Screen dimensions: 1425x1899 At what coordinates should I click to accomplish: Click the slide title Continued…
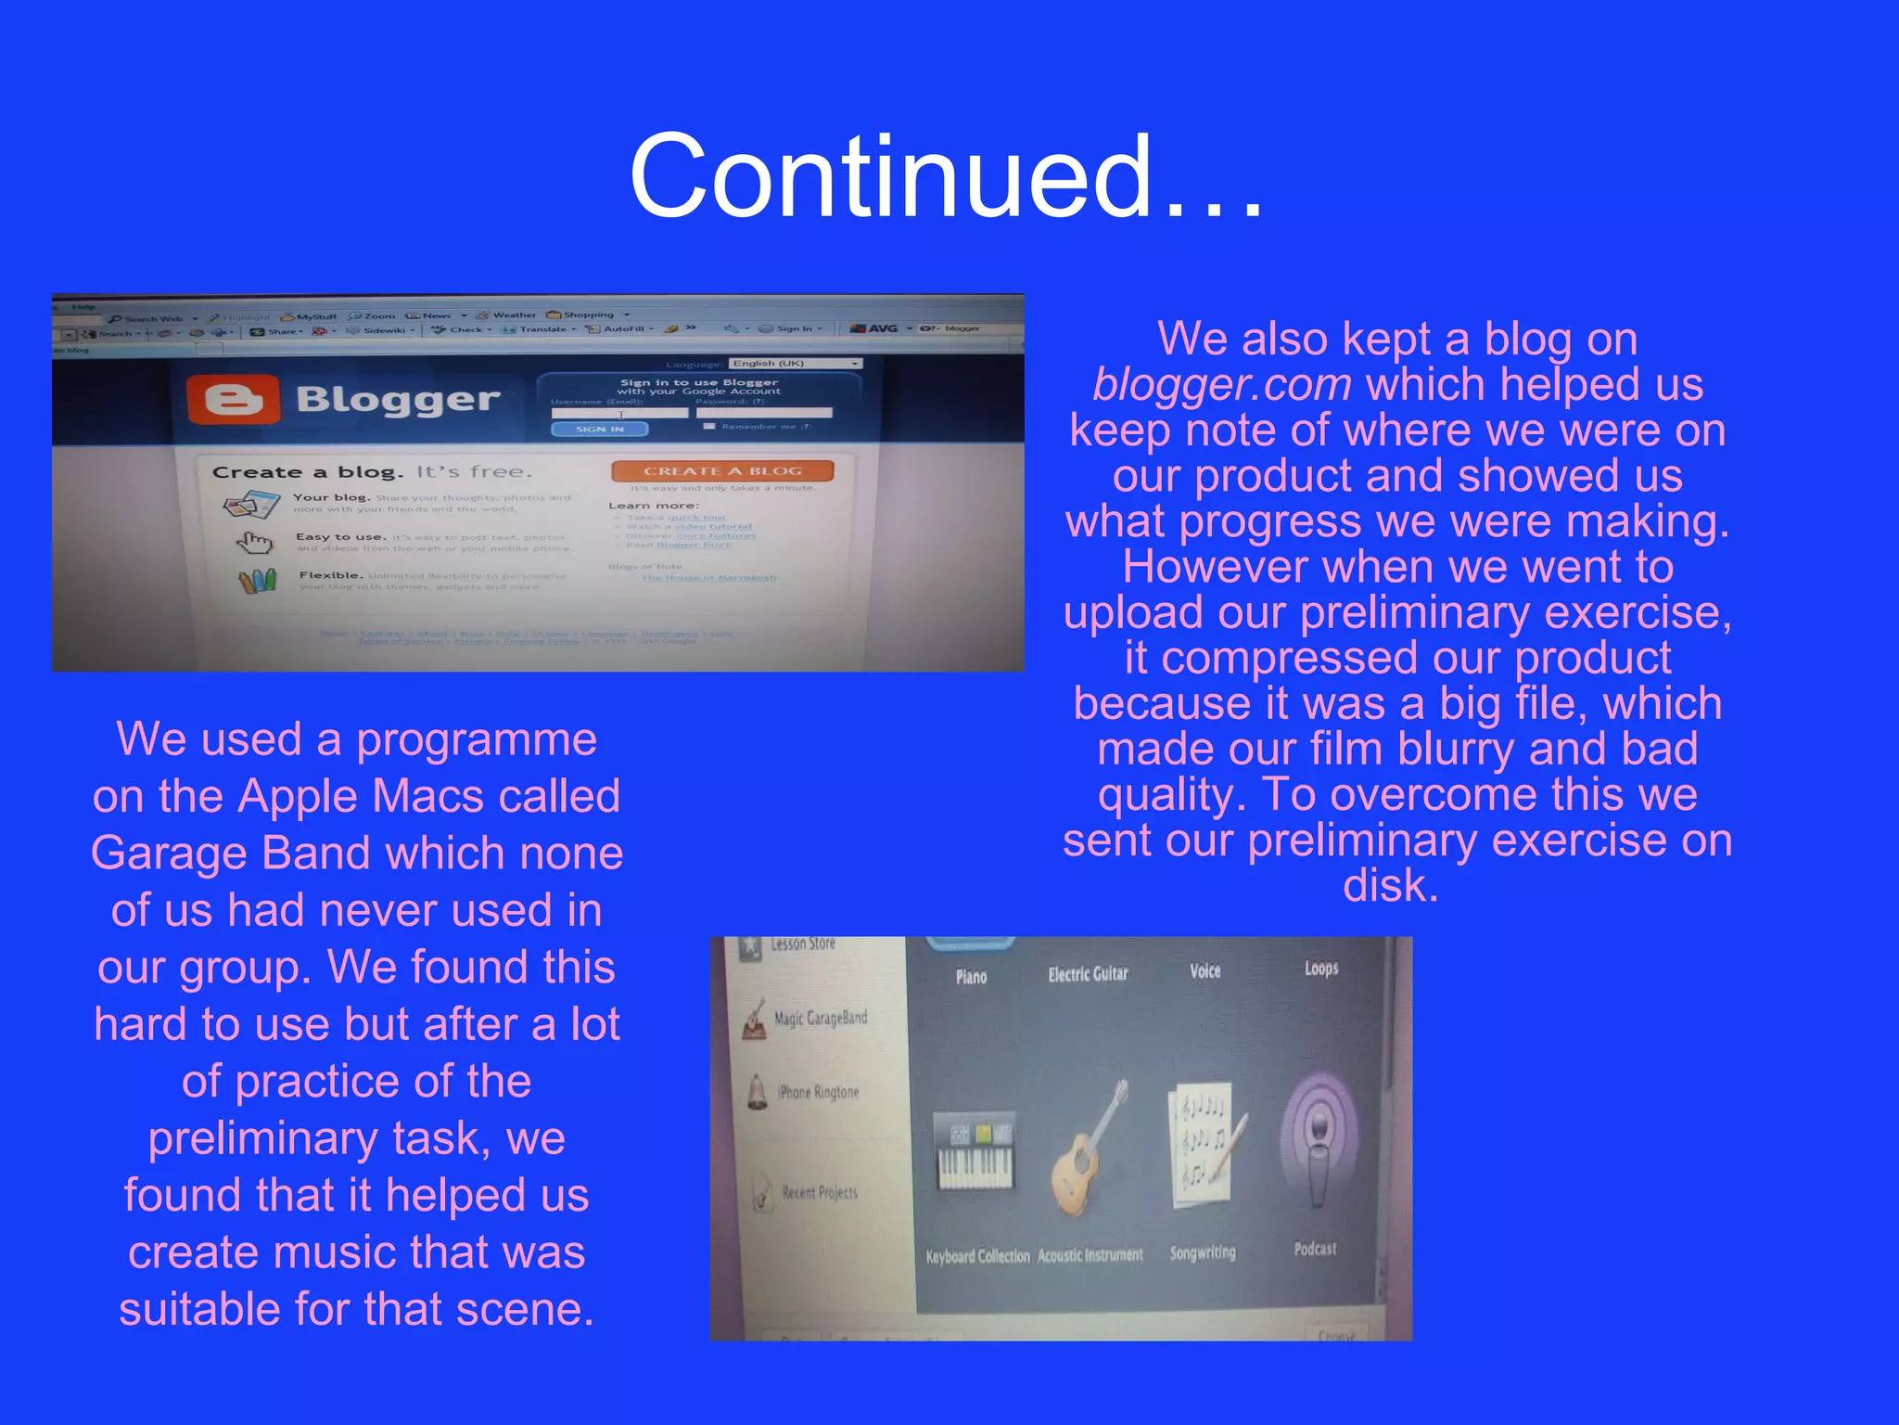[x=946, y=176]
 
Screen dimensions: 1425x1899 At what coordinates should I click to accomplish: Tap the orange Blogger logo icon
[x=233, y=400]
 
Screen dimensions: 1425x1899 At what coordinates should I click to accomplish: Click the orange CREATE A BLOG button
[x=722, y=470]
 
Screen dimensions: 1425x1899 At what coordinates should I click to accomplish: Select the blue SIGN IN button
[x=599, y=429]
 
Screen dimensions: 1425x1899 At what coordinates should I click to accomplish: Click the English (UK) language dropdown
[x=796, y=363]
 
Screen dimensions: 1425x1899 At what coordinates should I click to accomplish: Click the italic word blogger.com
[x=1221, y=384]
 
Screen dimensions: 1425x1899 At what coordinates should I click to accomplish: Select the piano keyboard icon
[x=974, y=1155]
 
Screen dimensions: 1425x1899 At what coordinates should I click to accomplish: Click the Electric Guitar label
[x=1088, y=973]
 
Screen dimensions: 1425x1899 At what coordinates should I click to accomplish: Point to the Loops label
[x=1320, y=968]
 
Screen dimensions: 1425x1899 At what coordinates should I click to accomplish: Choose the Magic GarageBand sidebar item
[x=819, y=1018]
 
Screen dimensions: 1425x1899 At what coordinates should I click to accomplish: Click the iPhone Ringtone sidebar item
[x=817, y=1092]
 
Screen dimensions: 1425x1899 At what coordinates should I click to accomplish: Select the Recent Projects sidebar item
[x=819, y=1192]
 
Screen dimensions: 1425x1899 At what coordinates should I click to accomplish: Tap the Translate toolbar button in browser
[x=542, y=329]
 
